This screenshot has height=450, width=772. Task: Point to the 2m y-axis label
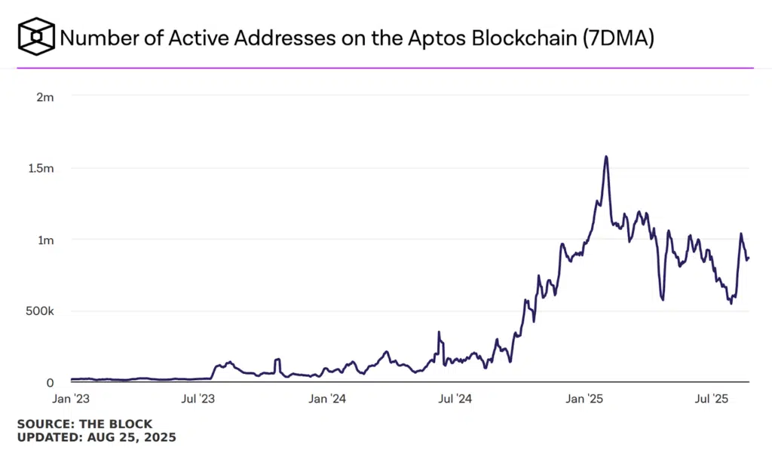click(x=45, y=96)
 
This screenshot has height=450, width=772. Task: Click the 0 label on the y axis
click(x=49, y=383)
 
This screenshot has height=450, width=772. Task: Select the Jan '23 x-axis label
click(x=72, y=397)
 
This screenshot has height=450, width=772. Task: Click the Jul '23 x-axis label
click(x=200, y=397)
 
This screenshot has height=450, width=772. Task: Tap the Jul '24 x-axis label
click(x=456, y=397)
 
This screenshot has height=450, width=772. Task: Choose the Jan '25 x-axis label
click(x=586, y=397)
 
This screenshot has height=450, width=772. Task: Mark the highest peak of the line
click(x=606, y=157)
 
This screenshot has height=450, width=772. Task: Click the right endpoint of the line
click(x=749, y=258)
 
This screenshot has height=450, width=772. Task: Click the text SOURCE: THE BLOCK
click(x=84, y=424)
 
